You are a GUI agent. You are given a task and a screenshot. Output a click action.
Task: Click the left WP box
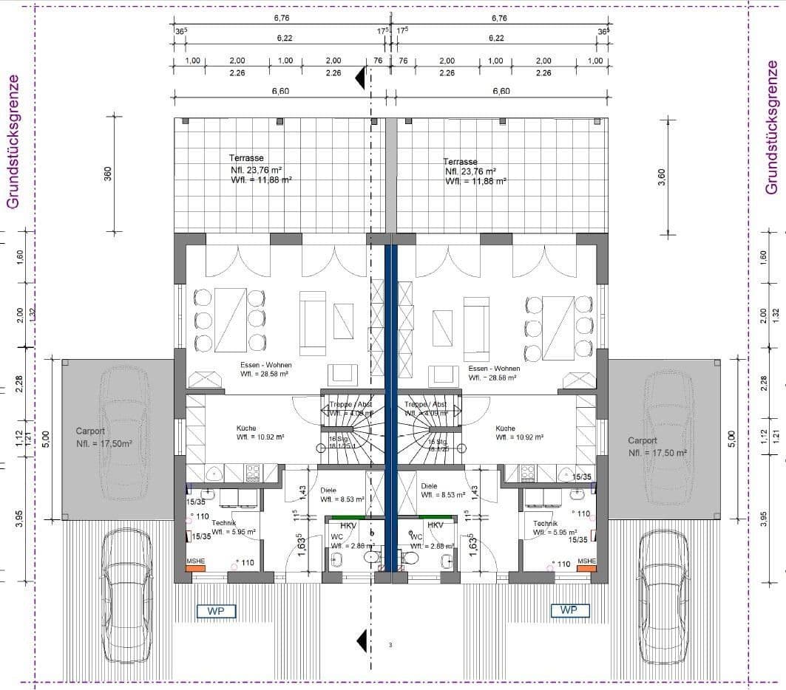[216, 611]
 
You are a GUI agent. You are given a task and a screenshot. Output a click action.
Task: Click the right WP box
[570, 610]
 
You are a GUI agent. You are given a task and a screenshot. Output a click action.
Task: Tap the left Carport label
[90, 431]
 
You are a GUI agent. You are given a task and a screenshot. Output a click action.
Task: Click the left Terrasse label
[246, 158]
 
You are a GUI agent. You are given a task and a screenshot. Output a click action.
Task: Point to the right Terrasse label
[460, 161]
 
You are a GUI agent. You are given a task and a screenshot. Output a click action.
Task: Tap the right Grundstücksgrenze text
[772, 127]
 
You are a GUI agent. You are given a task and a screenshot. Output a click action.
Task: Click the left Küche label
[247, 428]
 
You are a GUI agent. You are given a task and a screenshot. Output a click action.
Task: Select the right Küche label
[506, 428]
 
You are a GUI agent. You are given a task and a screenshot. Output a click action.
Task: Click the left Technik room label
[203, 522]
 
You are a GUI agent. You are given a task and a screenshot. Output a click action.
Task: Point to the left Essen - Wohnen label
[265, 366]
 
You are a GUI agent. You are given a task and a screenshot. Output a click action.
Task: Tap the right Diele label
[429, 486]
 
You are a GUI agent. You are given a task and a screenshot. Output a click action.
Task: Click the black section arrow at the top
[361, 77]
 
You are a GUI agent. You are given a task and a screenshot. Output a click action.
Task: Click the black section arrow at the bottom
[361, 642]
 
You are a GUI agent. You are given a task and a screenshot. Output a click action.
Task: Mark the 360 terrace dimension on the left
[108, 174]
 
